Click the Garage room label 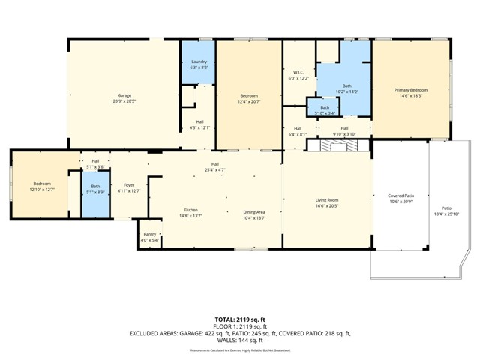pos(124,95)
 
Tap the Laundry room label pos(199,61)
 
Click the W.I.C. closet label pos(298,72)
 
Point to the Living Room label pos(326,200)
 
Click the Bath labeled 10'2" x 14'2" pos(346,86)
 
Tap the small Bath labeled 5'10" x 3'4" pos(324,107)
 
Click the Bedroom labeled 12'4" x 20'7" pos(249,96)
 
